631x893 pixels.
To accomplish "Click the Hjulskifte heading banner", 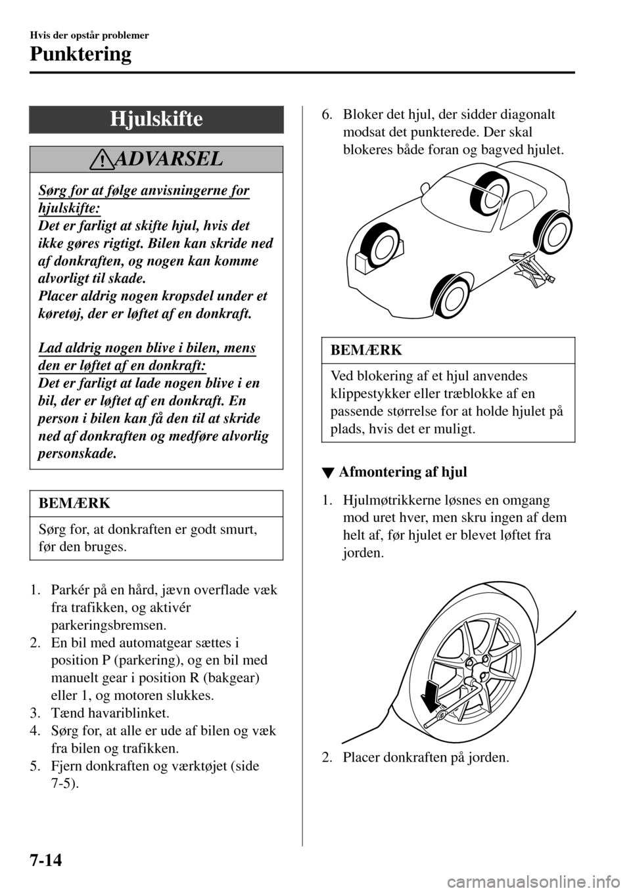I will (x=156, y=120).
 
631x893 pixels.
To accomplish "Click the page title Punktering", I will (x=81, y=54).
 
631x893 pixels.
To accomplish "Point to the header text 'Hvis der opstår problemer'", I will (x=89, y=35).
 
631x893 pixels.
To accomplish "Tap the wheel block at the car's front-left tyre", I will (x=365, y=259).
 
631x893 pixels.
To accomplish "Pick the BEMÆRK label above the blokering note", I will (x=362, y=351).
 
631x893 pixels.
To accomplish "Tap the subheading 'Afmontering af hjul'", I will (x=402, y=471).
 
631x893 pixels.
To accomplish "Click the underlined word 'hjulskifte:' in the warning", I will (x=66, y=208).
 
